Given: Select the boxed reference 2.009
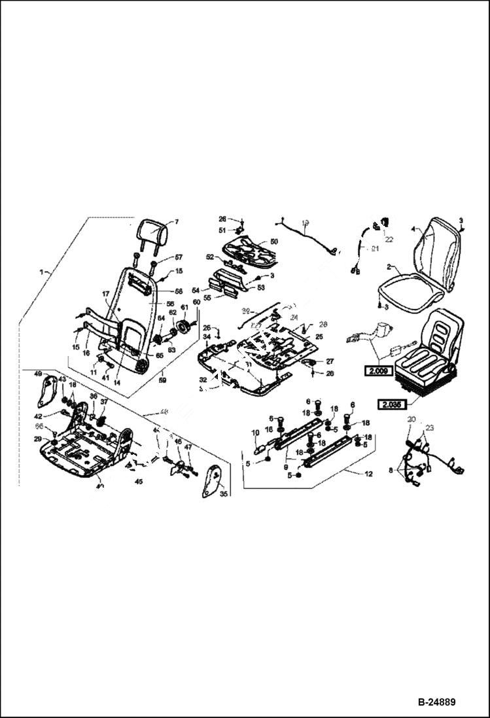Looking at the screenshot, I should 377,369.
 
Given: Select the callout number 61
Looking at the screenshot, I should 184,307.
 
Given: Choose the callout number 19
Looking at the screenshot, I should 305,224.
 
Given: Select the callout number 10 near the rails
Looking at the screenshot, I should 255,433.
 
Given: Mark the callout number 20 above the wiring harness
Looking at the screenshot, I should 410,419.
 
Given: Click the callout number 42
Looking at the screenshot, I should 38,416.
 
